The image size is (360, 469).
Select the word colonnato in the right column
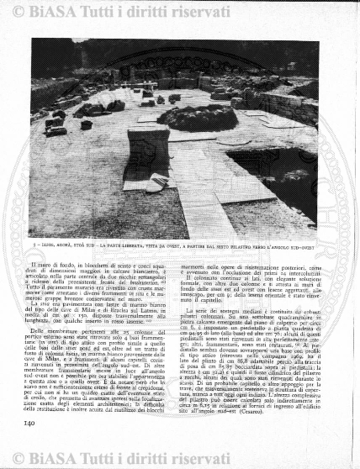pos(204,278)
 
